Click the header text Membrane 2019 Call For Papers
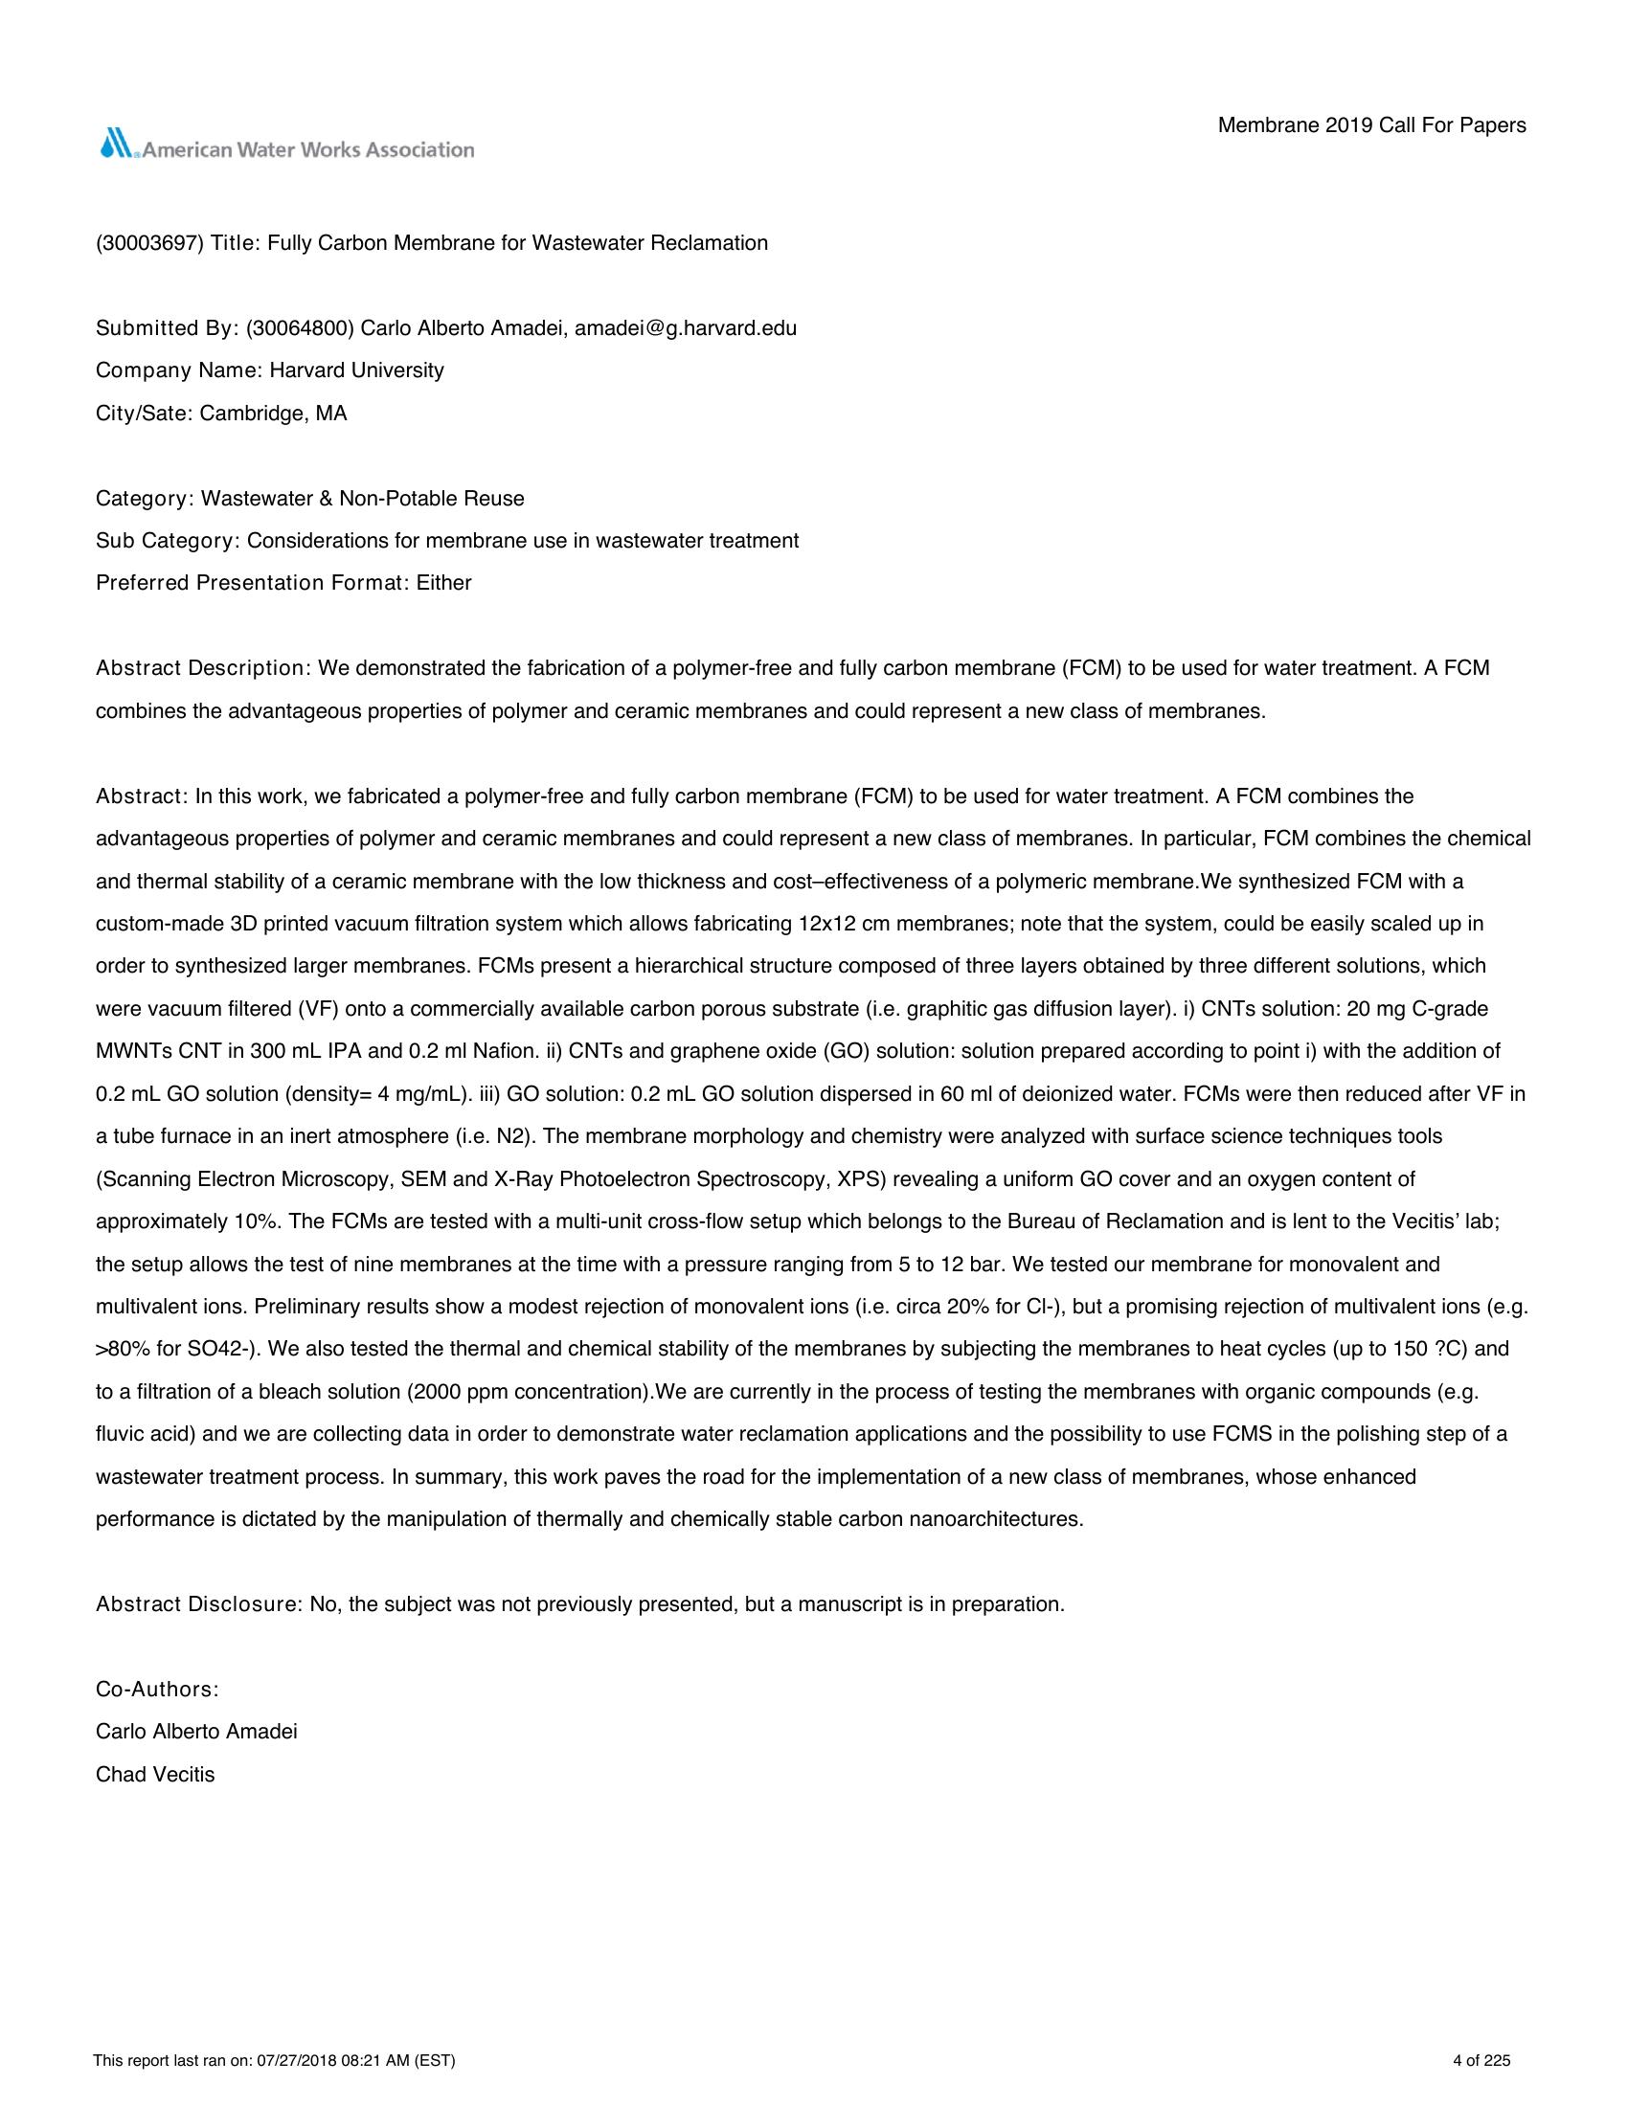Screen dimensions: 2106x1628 click(1371, 125)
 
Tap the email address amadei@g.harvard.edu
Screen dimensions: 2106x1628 click(686, 327)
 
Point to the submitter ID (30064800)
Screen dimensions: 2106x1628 click(300, 327)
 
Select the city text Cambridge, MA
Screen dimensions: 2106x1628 click(273, 414)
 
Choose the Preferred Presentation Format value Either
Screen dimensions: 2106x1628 click(443, 583)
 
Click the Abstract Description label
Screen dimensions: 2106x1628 click(199, 668)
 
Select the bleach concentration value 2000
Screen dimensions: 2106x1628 click(436, 1393)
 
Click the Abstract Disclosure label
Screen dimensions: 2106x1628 click(198, 1604)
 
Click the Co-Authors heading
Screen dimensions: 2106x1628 click(157, 1690)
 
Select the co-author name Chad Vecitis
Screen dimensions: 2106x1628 click(155, 1775)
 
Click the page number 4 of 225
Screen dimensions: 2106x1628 click(1481, 2062)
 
